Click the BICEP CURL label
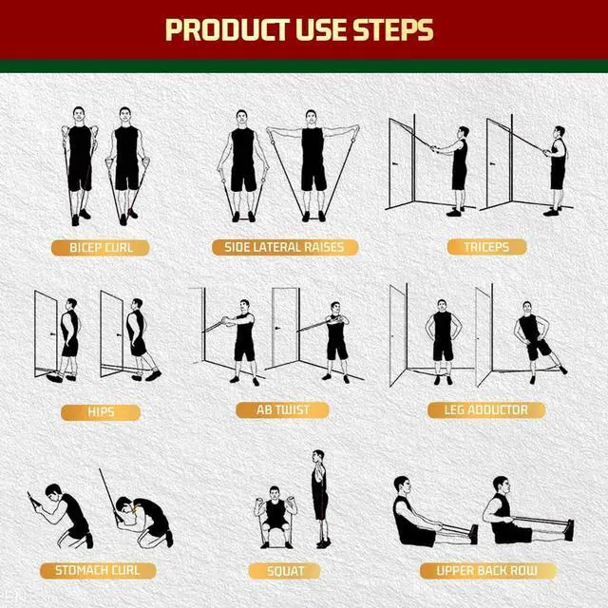(101, 248)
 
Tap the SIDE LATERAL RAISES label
(285, 248)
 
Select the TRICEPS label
(486, 247)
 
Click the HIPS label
(101, 412)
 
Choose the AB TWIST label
(282, 410)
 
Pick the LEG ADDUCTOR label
(486, 410)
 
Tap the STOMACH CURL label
(98, 570)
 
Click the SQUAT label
(284, 572)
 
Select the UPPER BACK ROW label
(486, 571)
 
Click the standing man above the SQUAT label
(320, 499)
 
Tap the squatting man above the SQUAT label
(275, 518)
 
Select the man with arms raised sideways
(313, 166)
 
